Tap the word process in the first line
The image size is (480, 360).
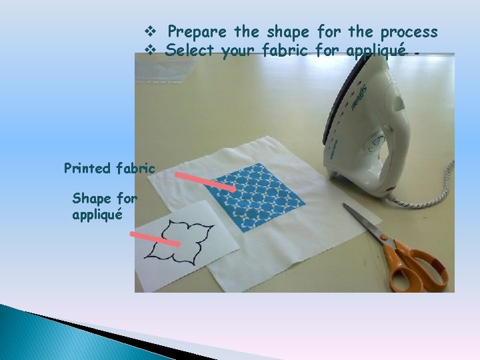pyautogui.click(x=409, y=32)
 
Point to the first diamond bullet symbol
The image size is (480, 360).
pyautogui.click(x=149, y=32)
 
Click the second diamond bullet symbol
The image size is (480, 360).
pyautogui.click(x=149, y=50)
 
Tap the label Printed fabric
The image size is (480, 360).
pyautogui.click(x=109, y=169)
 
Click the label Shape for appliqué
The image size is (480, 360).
pyautogui.click(x=105, y=207)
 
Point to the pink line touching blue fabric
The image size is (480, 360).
pyautogui.click(x=205, y=182)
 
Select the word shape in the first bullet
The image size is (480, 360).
pyautogui.click(x=287, y=32)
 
